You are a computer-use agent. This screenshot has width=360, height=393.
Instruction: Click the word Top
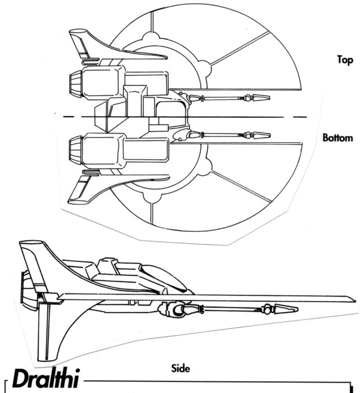tap(346, 59)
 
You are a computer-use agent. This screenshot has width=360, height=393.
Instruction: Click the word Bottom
tap(337, 139)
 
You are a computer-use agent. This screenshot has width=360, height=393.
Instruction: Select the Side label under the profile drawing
tap(180, 368)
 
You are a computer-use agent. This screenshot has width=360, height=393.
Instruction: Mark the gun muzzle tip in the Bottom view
tap(264, 135)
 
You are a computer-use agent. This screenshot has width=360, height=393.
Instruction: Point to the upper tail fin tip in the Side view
tap(29, 246)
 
